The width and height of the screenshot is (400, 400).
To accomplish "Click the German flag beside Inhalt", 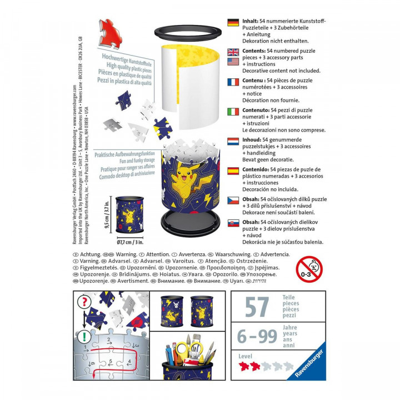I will [233, 22].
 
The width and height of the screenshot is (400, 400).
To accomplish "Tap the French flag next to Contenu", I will [233, 82].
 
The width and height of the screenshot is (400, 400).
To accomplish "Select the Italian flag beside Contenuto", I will [233, 112].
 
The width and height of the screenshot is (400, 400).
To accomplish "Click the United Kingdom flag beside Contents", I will [233, 52].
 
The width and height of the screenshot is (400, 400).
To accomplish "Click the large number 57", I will [257, 307].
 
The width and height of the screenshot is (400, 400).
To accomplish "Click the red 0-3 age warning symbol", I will [309, 269].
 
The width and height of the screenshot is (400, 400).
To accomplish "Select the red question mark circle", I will [85, 303].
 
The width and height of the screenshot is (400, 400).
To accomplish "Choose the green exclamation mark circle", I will [85, 336].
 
